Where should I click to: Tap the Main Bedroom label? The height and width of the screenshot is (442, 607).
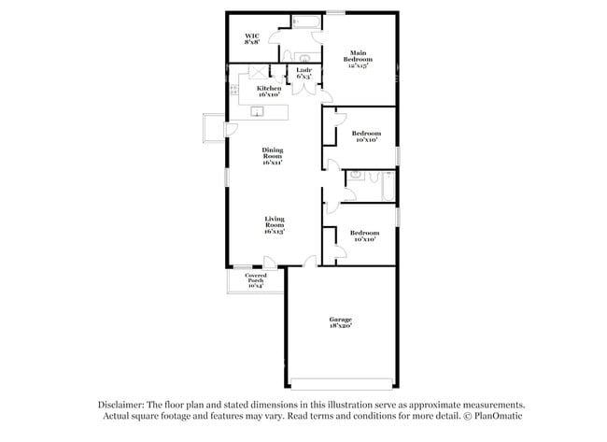point(358,59)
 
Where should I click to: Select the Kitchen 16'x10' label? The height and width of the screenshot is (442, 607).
point(268,91)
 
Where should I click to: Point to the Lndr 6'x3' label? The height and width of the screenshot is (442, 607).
point(303,72)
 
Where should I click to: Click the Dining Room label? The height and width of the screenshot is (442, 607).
point(273,155)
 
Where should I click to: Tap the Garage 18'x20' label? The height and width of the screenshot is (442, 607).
point(340,322)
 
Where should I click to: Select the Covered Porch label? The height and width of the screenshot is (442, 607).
point(255,279)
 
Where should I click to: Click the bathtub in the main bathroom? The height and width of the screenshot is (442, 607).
point(306,21)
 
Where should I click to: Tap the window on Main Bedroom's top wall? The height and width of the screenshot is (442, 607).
point(334,12)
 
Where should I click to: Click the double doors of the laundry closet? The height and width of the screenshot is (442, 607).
point(303,89)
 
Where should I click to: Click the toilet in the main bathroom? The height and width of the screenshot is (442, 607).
point(287,54)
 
